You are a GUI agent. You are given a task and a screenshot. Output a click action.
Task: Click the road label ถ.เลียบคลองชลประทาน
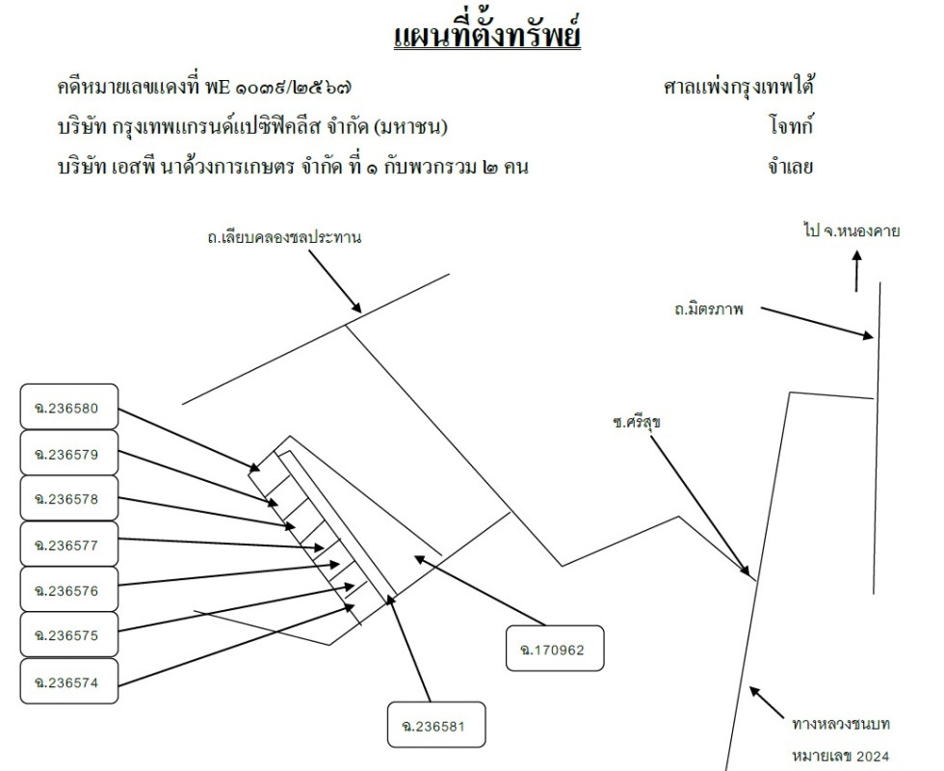[x=284, y=237]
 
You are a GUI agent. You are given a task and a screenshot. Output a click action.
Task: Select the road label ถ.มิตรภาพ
[x=709, y=309]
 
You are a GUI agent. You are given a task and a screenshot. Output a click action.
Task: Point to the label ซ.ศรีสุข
[x=637, y=422]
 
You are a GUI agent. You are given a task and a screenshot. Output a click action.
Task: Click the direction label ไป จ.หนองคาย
[x=852, y=230]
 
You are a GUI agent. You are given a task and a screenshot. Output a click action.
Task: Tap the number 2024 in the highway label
[x=873, y=756]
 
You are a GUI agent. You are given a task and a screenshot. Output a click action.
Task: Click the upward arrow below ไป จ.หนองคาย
[x=856, y=272]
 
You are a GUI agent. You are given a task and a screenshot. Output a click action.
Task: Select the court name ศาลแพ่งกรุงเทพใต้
[x=738, y=87]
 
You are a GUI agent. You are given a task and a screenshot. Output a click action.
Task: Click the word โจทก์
[x=791, y=126]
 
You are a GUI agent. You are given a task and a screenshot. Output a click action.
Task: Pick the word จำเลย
[x=791, y=166]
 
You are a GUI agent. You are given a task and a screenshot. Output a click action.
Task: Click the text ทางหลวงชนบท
[x=841, y=724]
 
